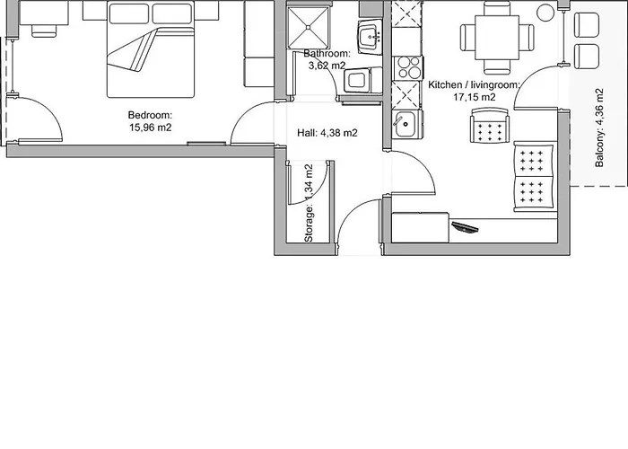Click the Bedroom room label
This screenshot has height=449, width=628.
point(150,115)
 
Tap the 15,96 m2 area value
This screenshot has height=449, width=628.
point(150,128)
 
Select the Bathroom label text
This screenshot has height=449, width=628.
point(327,53)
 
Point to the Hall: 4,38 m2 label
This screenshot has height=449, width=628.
point(327,133)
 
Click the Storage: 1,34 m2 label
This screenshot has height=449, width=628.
point(309,203)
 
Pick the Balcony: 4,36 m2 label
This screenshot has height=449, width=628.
point(599,128)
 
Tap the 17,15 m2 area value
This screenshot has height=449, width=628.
point(475,97)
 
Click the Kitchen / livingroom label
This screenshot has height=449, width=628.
point(475,85)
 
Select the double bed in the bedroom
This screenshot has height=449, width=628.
point(151,48)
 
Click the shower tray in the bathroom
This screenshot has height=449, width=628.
point(309,27)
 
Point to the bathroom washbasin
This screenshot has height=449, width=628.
point(370,37)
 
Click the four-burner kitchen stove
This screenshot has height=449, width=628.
point(408,67)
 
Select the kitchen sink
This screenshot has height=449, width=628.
point(407,124)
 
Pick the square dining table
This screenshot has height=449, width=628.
point(497,38)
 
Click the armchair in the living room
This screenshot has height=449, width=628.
point(490,125)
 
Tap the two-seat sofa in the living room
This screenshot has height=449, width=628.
point(535,176)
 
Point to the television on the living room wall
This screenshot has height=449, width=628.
point(465,227)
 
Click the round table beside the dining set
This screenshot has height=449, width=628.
point(546,13)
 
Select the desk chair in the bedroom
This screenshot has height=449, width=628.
point(44,30)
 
